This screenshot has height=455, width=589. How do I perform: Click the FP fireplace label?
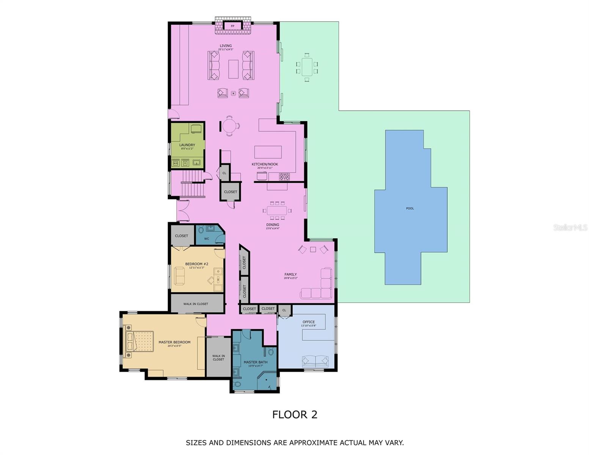pyautogui.click(x=232, y=26)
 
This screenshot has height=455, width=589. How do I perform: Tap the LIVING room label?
pyautogui.click(x=225, y=46)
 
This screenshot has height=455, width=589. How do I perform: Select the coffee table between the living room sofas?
pyautogui.click(x=233, y=69)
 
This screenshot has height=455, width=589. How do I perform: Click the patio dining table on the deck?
pyautogui.click(x=307, y=67)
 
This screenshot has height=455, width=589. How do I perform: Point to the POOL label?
pyautogui.click(x=410, y=209)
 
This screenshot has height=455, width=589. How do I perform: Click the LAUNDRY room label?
pyautogui.click(x=187, y=145)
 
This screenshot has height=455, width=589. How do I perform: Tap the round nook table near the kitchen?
pyautogui.click(x=229, y=125)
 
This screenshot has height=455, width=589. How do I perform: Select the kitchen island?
pyautogui.click(x=268, y=152)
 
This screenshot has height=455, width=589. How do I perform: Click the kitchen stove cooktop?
pyautogui.click(x=284, y=177)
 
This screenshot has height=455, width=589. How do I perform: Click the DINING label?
pyautogui.click(x=272, y=225)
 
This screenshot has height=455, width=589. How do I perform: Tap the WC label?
pyautogui.click(x=207, y=239)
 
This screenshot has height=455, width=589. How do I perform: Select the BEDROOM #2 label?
pyautogui.click(x=196, y=264)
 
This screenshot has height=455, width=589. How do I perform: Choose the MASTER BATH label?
pyautogui.click(x=255, y=362)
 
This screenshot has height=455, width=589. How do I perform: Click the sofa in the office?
pyautogui.click(x=315, y=361)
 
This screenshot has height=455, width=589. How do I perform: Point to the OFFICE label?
pyautogui.click(x=308, y=322)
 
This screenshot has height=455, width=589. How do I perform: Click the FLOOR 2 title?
pyautogui.click(x=295, y=414)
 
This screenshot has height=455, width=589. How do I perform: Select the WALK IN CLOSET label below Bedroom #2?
pyautogui.click(x=196, y=304)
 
